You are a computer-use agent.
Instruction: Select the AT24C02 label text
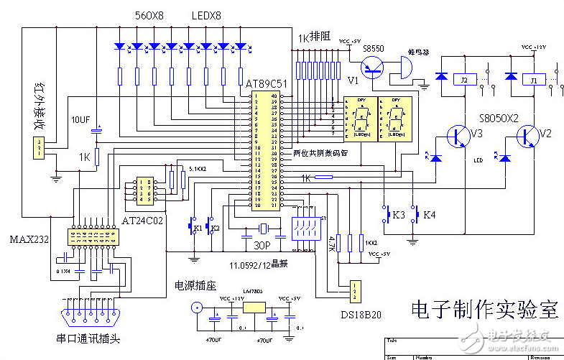[143, 220]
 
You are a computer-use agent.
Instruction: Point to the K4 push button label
[428, 215]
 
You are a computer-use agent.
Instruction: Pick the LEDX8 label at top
[207, 14]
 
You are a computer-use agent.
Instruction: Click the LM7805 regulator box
[254, 307]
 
